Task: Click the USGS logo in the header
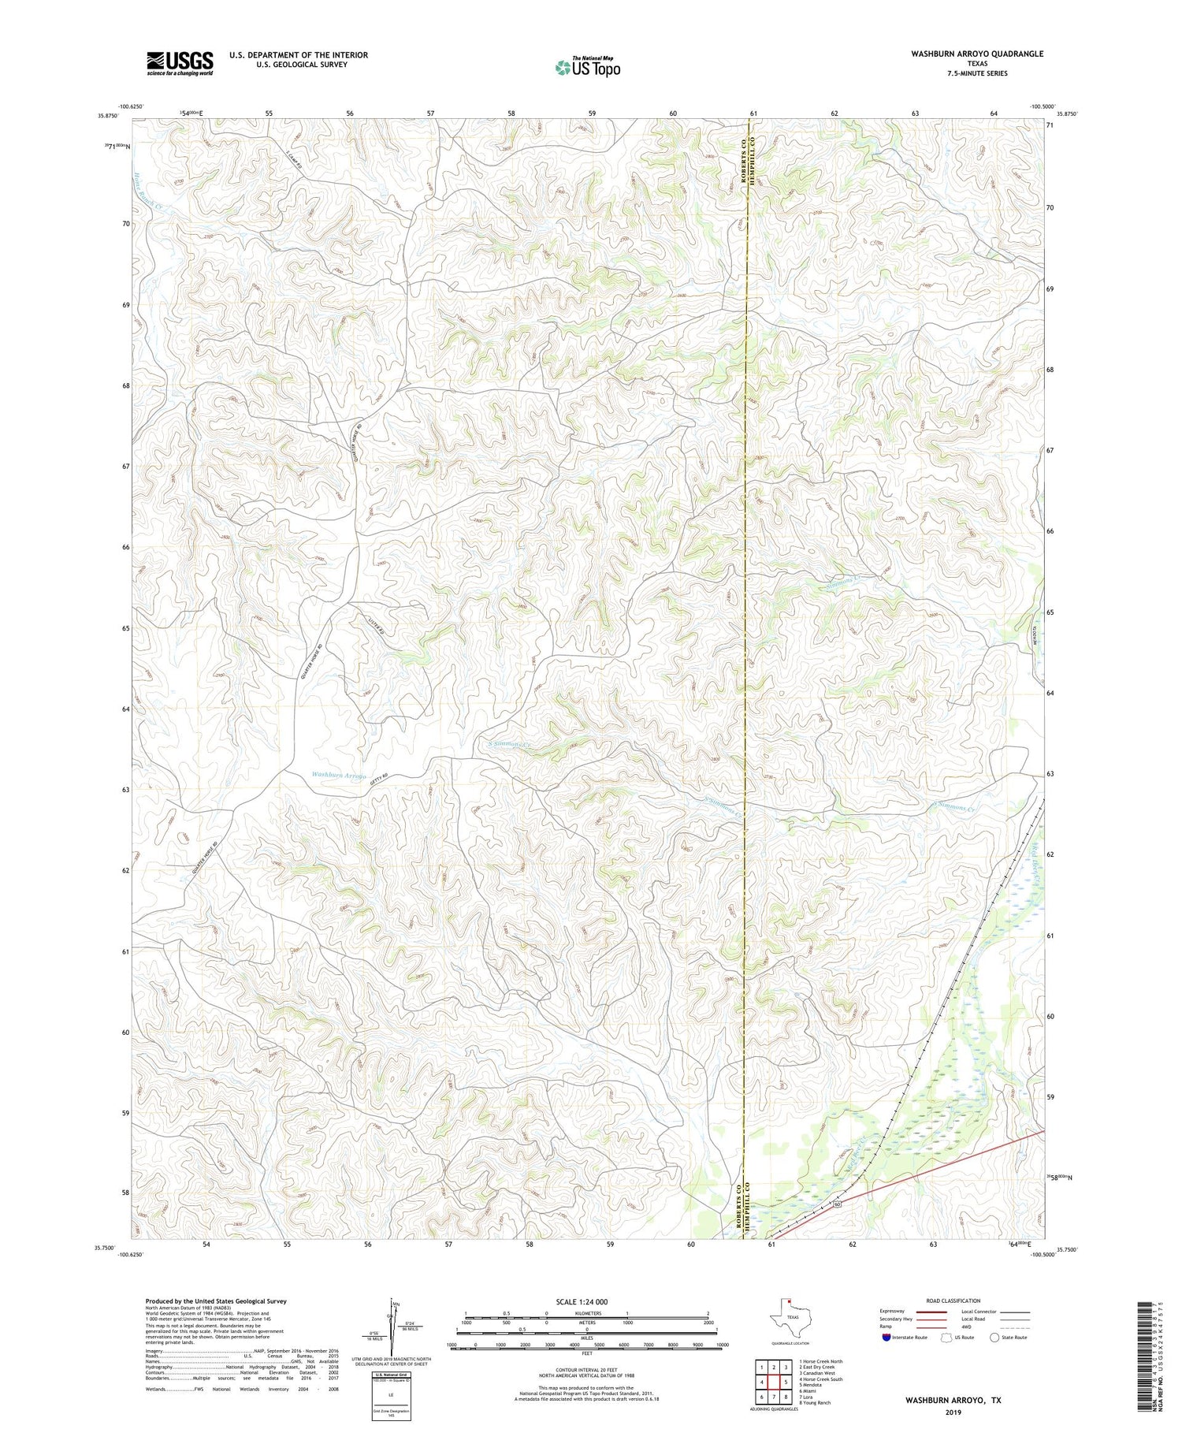[179, 63]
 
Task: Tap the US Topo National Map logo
[587, 67]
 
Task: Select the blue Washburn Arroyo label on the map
[339, 776]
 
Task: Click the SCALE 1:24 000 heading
[582, 1301]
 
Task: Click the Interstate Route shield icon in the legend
[886, 1337]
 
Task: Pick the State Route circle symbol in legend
[995, 1337]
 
